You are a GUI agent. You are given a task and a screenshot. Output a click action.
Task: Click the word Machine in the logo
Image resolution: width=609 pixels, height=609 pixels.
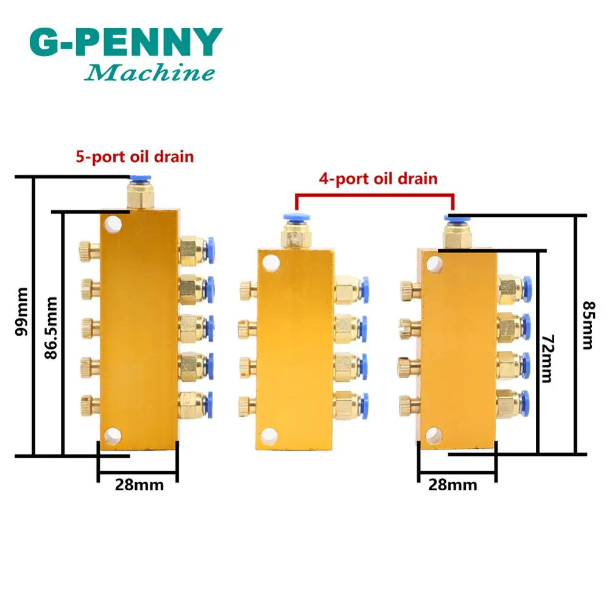pyautogui.click(x=150, y=74)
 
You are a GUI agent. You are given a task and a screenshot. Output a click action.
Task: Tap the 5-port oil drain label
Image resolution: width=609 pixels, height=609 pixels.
pyautogui.click(x=135, y=157)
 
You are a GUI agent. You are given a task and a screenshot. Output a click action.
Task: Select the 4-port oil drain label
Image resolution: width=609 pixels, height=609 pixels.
pyautogui.click(x=378, y=178)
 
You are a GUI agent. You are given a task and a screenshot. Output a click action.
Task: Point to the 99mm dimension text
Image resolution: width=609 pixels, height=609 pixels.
pyautogui.click(x=23, y=312)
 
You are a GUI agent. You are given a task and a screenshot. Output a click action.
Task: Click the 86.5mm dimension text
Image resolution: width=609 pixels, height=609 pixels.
pyautogui.click(x=51, y=327)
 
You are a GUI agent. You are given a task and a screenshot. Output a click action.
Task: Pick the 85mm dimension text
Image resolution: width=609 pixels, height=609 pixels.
pyautogui.click(x=588, y=325)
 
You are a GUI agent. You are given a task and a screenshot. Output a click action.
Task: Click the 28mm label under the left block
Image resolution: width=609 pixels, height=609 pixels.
pyautogui.click(x=138, y=485)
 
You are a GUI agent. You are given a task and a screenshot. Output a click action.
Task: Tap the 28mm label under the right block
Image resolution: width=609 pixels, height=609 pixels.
pyautogui.click(x=453, y=485)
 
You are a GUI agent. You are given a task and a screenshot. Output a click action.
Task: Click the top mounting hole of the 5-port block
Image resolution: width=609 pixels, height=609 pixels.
pyautogui.click(x=112, y=225)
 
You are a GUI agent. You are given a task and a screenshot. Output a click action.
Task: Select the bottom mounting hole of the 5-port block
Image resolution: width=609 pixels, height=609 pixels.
pyautogui.click(x=112, y=435)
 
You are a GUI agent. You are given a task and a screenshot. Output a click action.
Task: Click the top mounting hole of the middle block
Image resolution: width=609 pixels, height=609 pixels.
pyautogui.click(x=269, y=263)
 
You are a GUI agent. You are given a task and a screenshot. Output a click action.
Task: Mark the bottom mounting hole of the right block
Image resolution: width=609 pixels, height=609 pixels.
pyautogui.click(x=433, y=434)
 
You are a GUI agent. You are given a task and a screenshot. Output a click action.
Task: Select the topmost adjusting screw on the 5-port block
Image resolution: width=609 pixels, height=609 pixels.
pyautogui.click(x=86, y=248)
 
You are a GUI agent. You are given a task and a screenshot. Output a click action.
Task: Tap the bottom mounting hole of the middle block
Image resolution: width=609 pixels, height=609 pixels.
pyautogui.click(x=269, y=435)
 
